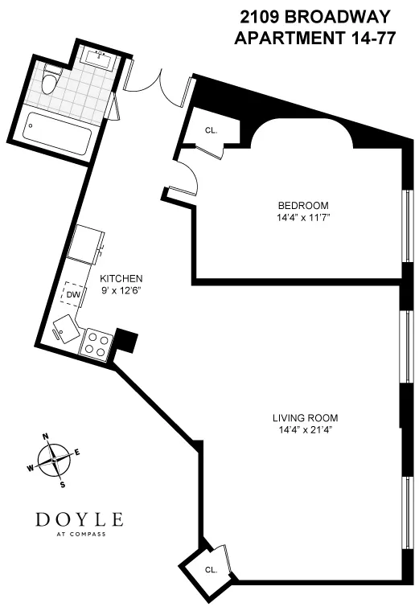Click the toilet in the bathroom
pyautogui.click(x=52, y=79)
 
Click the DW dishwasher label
pyautogui.click(x=73, y=294)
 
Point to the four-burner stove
pyautogui.click(x=97, y=345)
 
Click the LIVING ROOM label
pyautogui.click(x=304, y=418)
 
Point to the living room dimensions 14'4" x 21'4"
pyautogui.click(x=304, y=430)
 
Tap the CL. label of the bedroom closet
pyautogui.click(x=211, y=129)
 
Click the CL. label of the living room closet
pyautogui.click(x=211, y=569)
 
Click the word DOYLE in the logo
pyautogui.click(x=79, y=519)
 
